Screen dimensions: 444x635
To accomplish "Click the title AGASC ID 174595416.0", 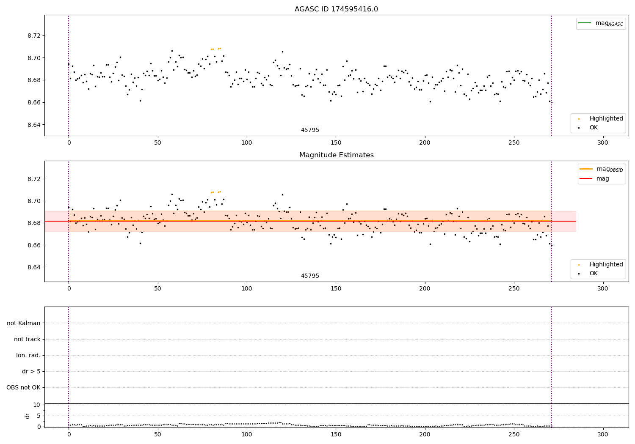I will click(x=336, y=9).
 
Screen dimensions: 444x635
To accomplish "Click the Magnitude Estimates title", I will click(x=336, y=155).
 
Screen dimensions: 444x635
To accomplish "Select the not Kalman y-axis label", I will click(x=24, y=323).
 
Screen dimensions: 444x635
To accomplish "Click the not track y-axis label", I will click(x=27, y=340).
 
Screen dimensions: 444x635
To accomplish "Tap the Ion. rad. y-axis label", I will click(x=28, y=356).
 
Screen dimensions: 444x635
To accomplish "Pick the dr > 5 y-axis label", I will click(x=31, y=372).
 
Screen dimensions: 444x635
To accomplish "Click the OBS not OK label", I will click(x=24, y=388).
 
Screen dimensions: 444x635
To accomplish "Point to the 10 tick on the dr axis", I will click(x=37, y=405).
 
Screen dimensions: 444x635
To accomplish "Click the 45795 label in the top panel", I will click(x=310, y=130).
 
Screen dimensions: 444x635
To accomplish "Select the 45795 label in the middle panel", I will click(x=310, y=276).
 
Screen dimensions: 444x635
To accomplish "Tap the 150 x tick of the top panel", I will click(x=336, y=143).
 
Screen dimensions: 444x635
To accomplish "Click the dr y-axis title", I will click(x=28, y=416).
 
